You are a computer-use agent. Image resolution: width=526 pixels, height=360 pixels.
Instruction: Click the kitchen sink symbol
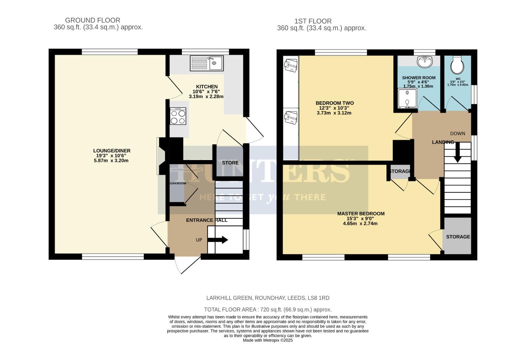[x=207, y=63]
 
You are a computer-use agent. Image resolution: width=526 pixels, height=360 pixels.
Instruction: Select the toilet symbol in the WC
[x=456, y=65]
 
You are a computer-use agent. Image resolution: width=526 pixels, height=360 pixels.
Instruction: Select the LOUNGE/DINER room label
[x=112, y=151]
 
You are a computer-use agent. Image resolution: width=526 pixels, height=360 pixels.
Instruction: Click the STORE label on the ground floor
[x=230, y=163]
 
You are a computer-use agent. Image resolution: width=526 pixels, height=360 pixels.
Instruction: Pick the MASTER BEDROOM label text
[x=361, y=214]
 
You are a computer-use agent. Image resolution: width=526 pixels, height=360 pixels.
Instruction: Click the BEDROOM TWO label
[x=334, y=103]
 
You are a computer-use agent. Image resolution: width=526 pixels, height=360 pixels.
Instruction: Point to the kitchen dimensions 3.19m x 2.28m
[x=206, y=97]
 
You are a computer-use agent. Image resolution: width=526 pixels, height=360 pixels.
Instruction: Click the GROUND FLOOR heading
[x=93, y=20]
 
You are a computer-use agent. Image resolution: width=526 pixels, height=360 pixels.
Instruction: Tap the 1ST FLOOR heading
[x=313, y=21]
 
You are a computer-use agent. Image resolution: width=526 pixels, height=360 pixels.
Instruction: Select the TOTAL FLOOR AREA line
[x=267, y=309]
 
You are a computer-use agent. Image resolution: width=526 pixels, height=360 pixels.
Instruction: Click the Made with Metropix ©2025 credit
[x=267, y=340]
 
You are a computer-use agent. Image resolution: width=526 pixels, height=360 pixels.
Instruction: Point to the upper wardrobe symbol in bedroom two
[x=291, y=65]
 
